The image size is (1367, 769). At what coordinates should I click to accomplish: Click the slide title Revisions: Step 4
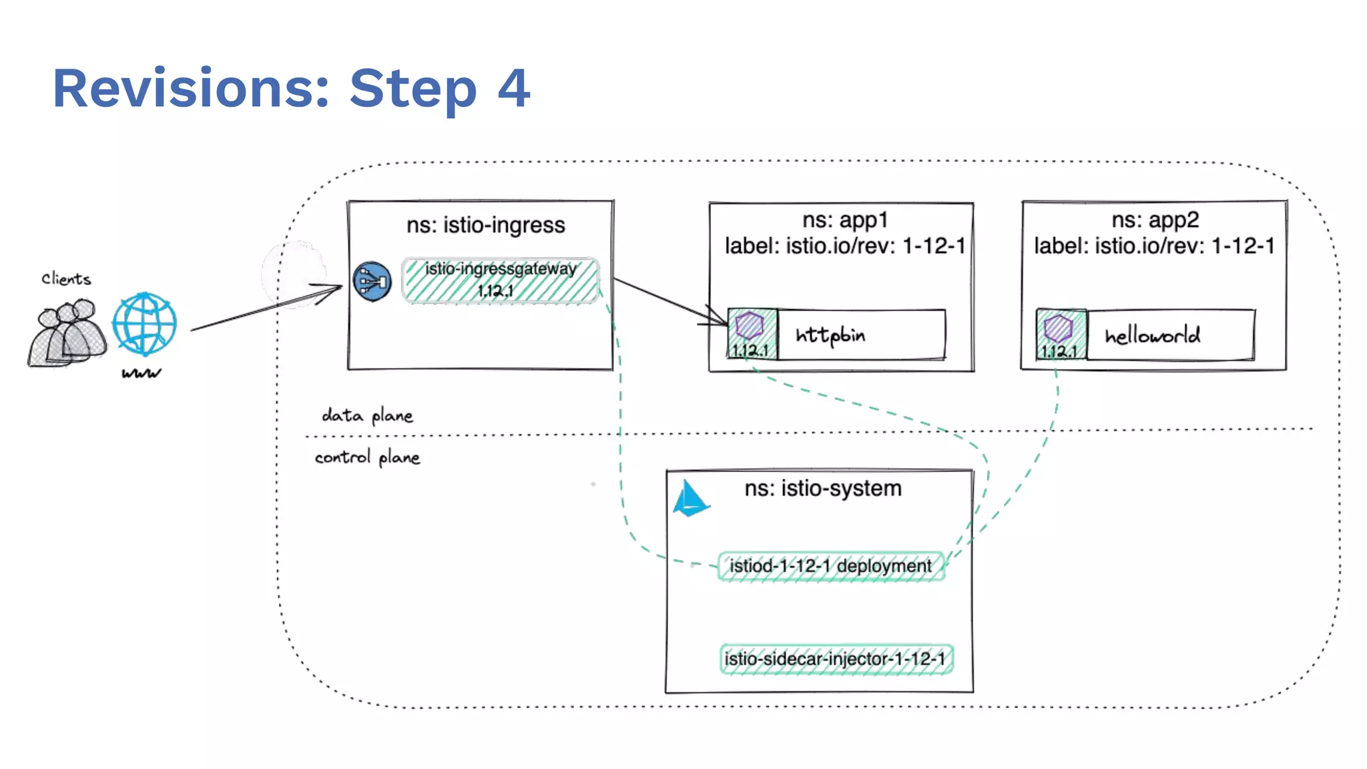click(291, 88)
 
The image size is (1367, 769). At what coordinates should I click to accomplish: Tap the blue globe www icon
click(144, 324)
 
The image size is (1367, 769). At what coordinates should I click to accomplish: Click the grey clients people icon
click(66, 333)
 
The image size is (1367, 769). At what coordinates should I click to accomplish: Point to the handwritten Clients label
click(65, 279)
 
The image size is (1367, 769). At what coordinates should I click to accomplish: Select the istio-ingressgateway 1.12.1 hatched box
click(500, 280)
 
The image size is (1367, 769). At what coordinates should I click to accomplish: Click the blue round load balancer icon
click(372, 282)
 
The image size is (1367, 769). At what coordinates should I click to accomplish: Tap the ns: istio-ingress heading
click(485, 225)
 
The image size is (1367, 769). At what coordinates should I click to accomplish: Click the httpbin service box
click(861, 334)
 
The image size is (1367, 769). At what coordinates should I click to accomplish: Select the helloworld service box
click(1170, 335)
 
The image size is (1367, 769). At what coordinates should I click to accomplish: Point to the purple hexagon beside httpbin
click(750, 326)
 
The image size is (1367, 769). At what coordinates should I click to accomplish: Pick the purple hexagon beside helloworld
click(1059, 328)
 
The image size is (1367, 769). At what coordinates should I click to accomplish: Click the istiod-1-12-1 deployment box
click(830, 566)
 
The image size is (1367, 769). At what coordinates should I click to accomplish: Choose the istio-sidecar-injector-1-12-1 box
click(836, 659)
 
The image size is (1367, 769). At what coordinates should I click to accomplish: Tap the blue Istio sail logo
click(690, 500)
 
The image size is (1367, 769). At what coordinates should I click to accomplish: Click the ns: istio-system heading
click(822, 488)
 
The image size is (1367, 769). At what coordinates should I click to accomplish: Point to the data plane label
click(367, 416)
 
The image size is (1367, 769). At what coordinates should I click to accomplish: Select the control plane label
click(367, 458)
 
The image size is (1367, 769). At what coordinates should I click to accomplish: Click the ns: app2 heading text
click(1155, 220)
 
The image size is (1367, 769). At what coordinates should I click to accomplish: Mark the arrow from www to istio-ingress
click(267, 308)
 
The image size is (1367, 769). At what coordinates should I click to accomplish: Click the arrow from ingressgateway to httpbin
click(667, 302)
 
